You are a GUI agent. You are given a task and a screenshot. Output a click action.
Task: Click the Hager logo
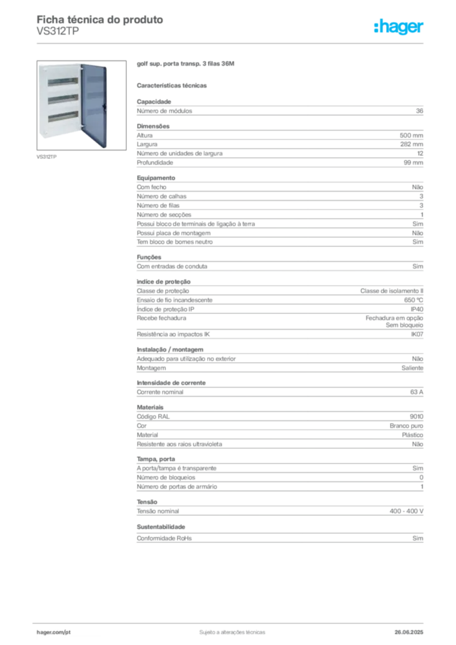click(398, 26)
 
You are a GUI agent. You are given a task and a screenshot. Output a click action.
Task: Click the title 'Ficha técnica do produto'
click(100, 20)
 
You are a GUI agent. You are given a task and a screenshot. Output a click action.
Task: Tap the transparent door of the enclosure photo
click(94, 106)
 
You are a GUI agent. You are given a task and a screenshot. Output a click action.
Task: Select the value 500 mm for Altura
click(411, 135)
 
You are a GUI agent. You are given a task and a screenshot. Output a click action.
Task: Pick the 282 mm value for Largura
click(411, 144)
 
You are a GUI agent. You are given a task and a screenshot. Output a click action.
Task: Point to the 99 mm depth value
click(413, 163)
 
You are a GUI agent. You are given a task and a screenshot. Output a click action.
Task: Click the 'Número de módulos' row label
click(164, 111)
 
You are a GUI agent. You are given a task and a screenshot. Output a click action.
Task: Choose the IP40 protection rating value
click(417, 309)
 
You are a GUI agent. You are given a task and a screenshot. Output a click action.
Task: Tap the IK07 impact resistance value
click(417, 334)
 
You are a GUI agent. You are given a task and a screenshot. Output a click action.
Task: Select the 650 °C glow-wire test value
click(414, 300)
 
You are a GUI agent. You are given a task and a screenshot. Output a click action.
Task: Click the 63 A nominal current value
click(416, 392)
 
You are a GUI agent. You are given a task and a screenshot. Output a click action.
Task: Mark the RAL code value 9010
click(416, 417)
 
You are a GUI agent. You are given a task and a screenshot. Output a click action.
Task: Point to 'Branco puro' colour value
click(406, 426)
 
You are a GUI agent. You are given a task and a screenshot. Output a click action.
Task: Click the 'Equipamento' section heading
click(156, 178)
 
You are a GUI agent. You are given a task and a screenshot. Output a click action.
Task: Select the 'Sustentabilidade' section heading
click(161, 527)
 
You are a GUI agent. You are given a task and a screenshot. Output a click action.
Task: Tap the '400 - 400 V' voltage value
click(407, 511)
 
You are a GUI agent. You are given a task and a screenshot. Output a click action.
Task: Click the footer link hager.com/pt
click(54, 632)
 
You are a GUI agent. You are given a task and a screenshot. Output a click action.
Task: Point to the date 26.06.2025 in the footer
click(409, 632)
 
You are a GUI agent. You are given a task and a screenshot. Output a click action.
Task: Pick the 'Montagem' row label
click(151, 368)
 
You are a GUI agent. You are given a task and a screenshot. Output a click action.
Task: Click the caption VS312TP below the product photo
click(47, 157)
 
